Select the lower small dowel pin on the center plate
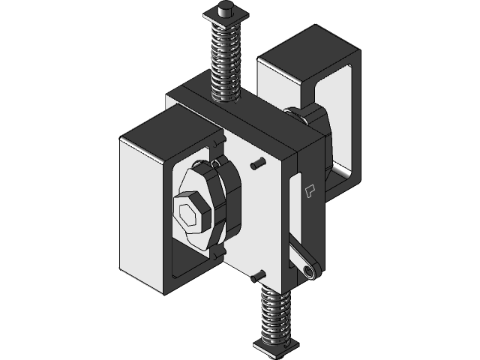(259, 274)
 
